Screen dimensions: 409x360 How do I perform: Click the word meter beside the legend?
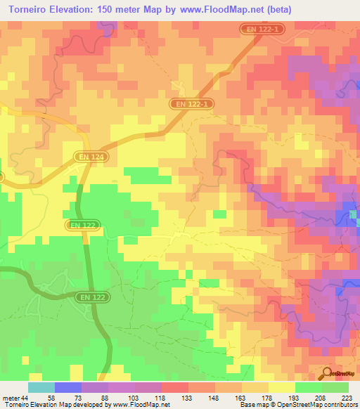point(9,398)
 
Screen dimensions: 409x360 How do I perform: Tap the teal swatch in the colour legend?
point(41,387)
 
